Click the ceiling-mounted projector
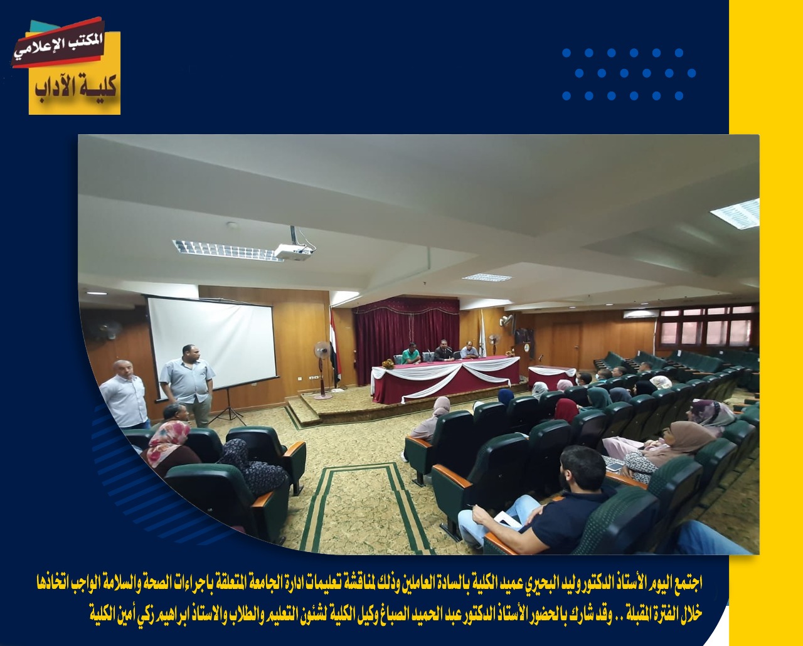[x=294, y=251]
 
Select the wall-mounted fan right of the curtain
[x=506, y=320]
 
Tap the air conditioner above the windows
[x=639, y=314]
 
